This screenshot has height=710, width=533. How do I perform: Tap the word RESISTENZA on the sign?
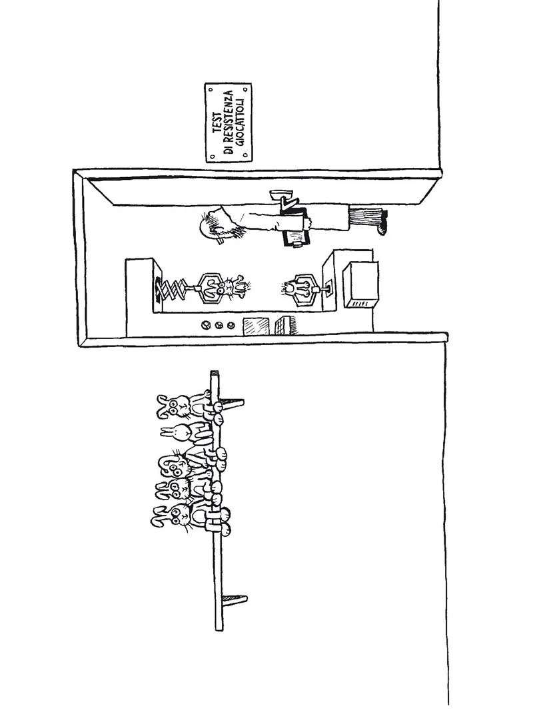[228, 123]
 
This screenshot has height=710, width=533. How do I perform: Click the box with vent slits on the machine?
[360, 286]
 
